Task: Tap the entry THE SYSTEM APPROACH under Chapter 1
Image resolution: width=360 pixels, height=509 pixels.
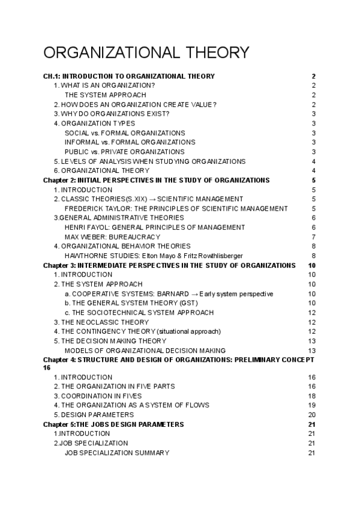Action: [105, 95]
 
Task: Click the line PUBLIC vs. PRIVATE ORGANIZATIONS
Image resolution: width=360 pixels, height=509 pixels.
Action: [124, 152]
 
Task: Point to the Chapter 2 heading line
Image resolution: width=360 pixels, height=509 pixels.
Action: [156, 180]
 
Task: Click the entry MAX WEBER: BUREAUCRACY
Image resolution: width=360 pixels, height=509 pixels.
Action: [110, 236]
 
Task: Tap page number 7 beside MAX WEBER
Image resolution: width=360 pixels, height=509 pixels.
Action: [314, 236]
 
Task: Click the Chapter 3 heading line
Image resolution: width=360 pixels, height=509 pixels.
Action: [169, 265]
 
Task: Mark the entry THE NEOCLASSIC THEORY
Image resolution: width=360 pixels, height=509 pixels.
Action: [97, 322]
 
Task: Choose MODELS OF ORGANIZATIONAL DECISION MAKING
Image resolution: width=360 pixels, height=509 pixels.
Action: [145, 351]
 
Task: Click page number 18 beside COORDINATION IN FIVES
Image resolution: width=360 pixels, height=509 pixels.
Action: [311, 396]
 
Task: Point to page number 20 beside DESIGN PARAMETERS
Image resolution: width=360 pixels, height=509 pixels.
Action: [311, 415]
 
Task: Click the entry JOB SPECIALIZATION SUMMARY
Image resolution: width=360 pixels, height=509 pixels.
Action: [116, 453]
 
